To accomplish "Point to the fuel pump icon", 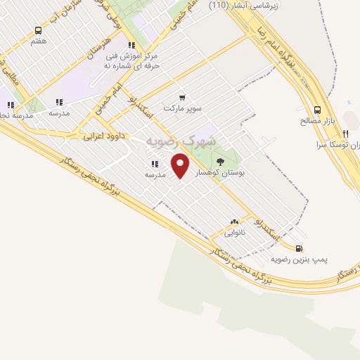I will click(x=300, y=247).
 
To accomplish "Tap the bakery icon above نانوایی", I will click(x=233, y=221).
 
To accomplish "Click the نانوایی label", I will click(x=233, y=232).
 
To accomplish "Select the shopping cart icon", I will click(x=183, y=98).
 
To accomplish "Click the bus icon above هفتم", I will click(x=39, y=30).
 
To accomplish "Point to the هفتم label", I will click(x=39, y=41).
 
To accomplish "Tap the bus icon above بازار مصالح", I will click(x=317, y=110).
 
